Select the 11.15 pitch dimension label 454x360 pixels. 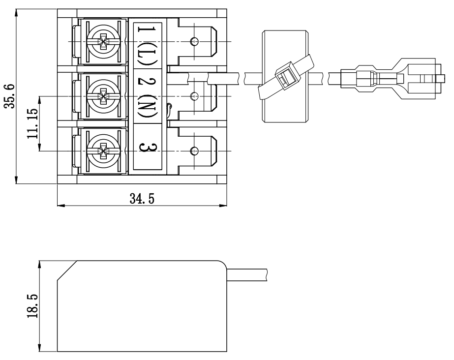33,123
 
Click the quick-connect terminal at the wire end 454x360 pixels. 389,78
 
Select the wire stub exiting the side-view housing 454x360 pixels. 246,275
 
